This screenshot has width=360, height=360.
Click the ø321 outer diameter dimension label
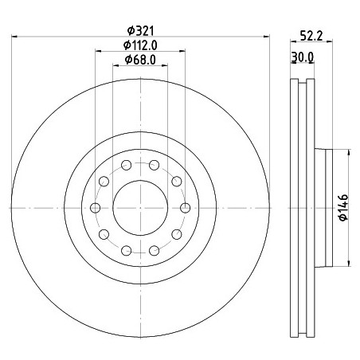(140, 31)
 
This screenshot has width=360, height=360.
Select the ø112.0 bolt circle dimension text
(140, 45)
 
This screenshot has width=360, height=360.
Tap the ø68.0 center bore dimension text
(140, 60)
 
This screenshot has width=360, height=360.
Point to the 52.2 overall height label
(311, 35)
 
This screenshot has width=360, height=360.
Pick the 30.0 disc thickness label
(303, 57)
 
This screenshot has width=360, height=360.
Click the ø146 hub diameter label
(343, 208)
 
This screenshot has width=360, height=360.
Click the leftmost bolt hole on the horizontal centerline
(96, 208)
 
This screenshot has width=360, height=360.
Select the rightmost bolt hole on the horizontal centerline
(185, 208)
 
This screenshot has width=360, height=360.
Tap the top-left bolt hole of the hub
(126, 165)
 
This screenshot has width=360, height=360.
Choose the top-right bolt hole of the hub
(155, 165)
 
